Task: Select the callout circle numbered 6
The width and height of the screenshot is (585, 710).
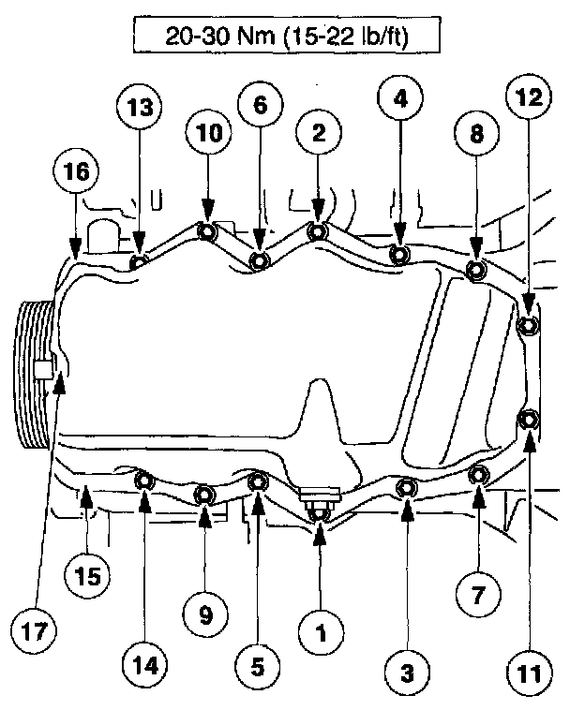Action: [260, 106]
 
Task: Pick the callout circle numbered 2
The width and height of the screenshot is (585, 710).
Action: [319, 135]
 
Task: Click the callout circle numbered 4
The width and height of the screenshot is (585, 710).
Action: [400, 97]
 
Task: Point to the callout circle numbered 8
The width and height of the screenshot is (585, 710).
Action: [476, 135]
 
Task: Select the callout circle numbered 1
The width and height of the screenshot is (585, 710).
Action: [320, 634]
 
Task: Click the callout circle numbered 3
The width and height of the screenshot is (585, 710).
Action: [407, 672]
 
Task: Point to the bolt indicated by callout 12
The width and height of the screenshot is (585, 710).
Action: [527, 325]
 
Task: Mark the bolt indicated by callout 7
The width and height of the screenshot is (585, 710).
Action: [477, 475]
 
